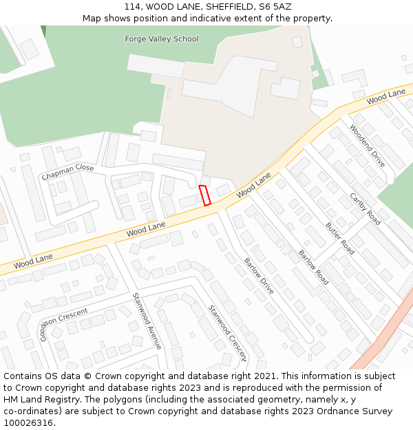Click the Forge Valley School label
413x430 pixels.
[161, 39]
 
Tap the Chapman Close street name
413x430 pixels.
[67, 172]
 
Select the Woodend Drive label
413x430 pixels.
[367, 145]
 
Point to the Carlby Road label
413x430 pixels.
[365, 208]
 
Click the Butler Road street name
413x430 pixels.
[340, 238]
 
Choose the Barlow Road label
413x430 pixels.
[313, 267]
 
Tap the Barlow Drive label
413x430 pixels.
[259, 276]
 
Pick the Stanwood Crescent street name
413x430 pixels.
[226, 333]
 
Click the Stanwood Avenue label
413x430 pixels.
[147, 321]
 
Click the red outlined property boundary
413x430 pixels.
[204, 195]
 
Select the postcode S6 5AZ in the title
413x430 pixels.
[276, 7]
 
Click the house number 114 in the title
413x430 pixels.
[133, 7]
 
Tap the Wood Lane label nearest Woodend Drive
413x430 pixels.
[385, 97]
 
